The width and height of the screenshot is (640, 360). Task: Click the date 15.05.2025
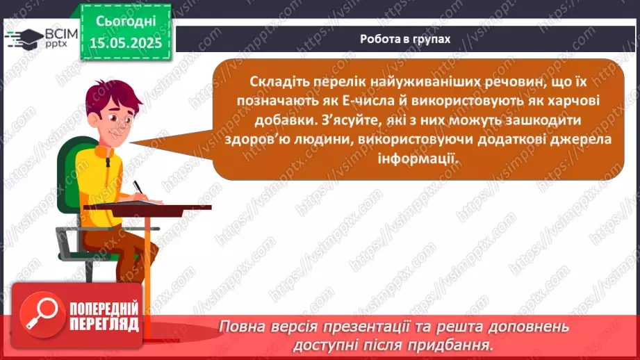[x=125, y=42]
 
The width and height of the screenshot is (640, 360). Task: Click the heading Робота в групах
[x=405, y=39]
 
